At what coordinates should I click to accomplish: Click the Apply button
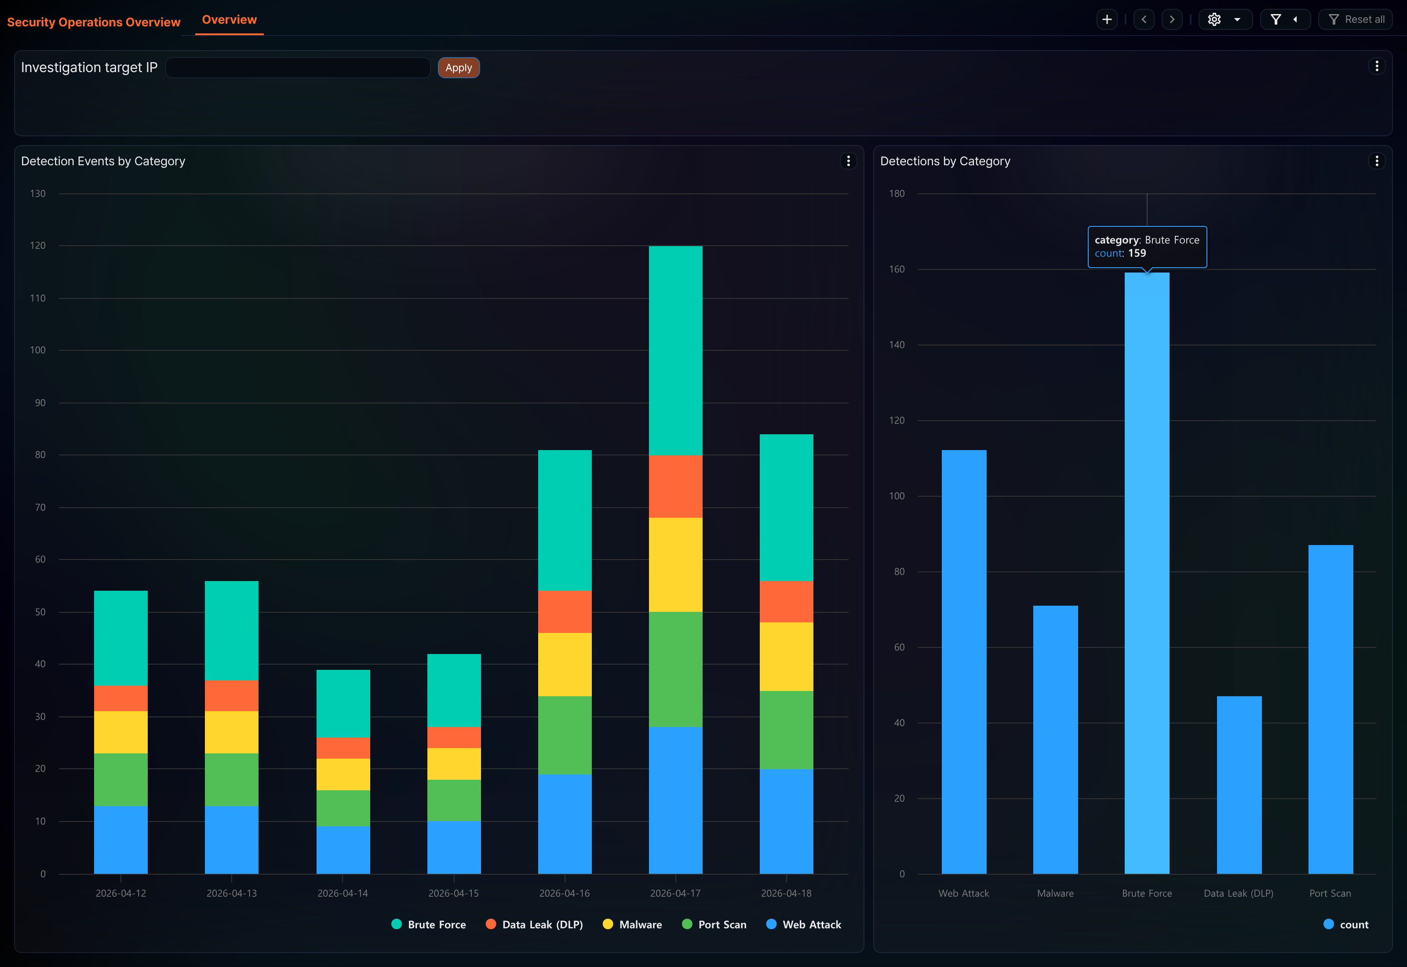[x=459, y=68]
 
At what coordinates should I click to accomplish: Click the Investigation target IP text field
[x=298, y=68]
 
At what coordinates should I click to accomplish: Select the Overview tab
[x=229, y=20]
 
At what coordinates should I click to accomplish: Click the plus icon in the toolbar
[x=1106, y=19]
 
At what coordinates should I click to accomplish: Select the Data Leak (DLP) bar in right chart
[x=1239, y=785]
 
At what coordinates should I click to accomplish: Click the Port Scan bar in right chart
[x=1330, y=709]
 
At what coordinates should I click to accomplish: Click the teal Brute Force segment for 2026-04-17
[x=676, y=351]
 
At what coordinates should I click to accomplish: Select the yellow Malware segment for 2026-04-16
[x=565, y=665]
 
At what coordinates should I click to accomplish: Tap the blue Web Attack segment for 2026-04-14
[x=343, y=850]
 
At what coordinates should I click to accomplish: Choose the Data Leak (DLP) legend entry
[x=535, y=925]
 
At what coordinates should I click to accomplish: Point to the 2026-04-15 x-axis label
[x=453, y=893]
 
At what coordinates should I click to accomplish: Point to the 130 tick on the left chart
[x=37, y=194]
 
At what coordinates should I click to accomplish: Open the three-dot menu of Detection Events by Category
[x=848, y=161]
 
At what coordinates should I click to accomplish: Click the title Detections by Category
[x=945, y=161]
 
